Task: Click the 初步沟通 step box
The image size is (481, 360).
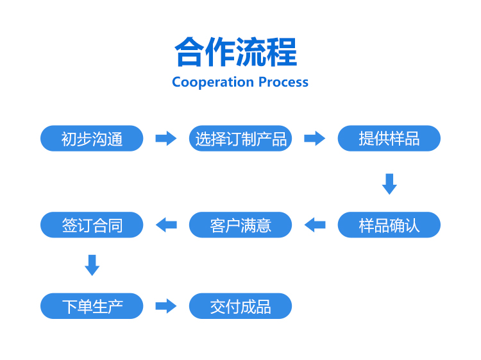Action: [92, 138]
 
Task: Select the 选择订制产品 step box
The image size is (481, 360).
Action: [240, 138]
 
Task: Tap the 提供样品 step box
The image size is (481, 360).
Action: [389, 138]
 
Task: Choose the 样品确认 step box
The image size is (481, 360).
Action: [389, 225]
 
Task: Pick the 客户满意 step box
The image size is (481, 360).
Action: [240, 225]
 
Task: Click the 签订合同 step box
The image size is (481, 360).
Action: [92, 225]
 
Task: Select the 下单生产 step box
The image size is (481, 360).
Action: [92, 306]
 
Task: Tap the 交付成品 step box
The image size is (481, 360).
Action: [240, 306]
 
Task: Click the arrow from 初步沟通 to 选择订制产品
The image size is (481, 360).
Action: [166, 138]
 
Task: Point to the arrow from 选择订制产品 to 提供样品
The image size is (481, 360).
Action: [314, 138]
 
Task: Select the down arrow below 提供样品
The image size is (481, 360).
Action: [389, 184]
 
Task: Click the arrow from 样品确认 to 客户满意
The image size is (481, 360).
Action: [315, 225]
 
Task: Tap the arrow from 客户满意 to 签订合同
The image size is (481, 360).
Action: [166, 225]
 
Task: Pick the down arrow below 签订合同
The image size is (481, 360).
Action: [92, 265]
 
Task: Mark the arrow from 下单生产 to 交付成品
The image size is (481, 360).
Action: [166, 306]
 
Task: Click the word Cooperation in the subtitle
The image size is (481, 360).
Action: [213, 83]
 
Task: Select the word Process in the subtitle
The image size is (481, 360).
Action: [283, 82]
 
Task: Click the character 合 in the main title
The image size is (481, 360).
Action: [190, 51]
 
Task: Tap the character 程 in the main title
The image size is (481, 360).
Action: [282, 51]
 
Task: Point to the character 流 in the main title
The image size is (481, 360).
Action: [251, 51]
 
